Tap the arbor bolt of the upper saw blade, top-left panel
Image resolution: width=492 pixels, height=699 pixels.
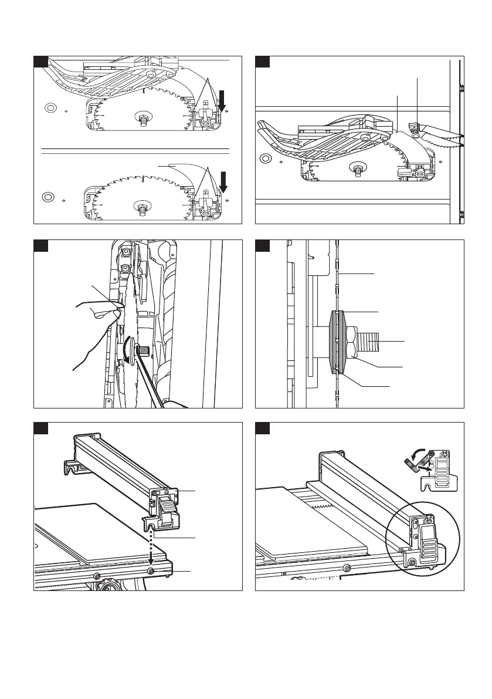(143, 118)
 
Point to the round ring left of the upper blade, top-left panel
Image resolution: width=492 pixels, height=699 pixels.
(50, 108)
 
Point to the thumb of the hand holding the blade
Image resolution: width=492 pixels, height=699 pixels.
(108, 316)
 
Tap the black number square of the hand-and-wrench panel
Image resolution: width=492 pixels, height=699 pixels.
(40, 245)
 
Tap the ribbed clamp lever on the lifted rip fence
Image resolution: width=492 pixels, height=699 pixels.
(167, 504)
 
